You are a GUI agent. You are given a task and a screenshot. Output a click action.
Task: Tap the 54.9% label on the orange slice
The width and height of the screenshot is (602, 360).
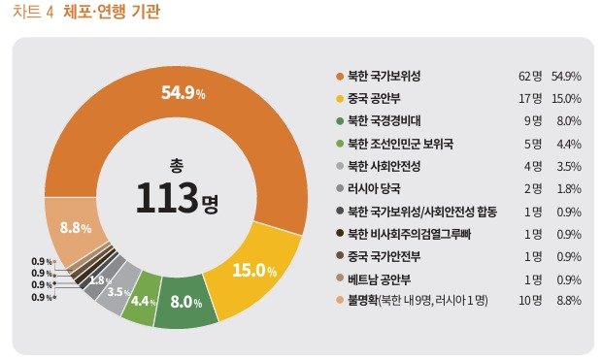pos(183,93)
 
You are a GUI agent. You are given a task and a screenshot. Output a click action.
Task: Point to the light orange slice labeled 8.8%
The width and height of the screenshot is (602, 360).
pos(76,228)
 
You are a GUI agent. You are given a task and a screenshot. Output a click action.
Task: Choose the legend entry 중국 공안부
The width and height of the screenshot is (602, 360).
pos(378,98)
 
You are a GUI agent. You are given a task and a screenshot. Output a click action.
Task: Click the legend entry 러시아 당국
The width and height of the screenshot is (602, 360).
pos(374,189)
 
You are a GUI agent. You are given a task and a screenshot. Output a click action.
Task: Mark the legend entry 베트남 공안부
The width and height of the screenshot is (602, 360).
pos(381,280)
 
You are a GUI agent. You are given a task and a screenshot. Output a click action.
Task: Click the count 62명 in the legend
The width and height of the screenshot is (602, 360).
pos(529,76)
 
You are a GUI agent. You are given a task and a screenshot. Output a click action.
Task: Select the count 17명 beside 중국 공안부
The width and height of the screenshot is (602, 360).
pos(529,98)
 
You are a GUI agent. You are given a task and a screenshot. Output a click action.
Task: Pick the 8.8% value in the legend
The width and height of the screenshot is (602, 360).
pos(568,303)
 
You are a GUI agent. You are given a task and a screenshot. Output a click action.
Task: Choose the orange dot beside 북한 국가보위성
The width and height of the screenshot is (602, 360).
pos(339,76)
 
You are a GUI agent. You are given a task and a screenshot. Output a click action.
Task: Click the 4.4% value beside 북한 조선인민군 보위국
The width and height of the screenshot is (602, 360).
pos(568,144)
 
